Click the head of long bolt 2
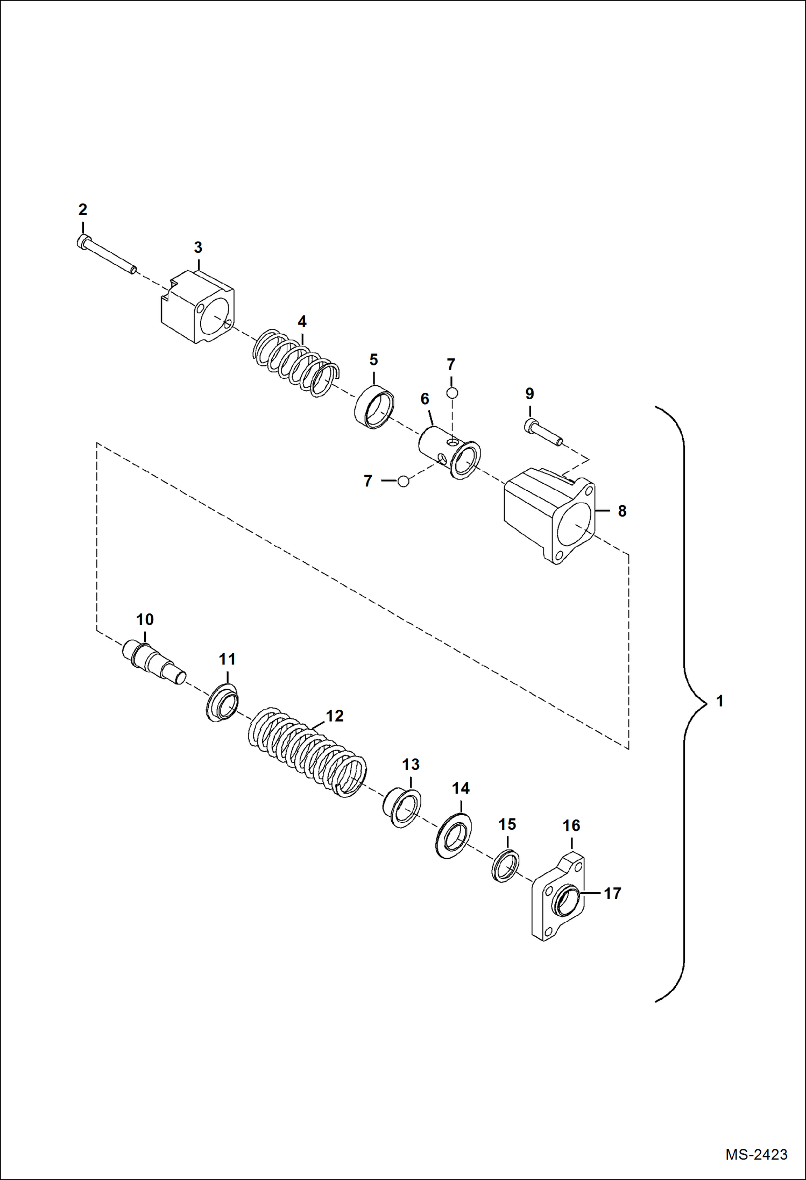(82, 242)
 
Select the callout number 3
(198, 248)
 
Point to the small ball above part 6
(452, 393)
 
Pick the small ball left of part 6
(403, 481)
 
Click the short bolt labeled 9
(542, 434)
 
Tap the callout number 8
(622, 511)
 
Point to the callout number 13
(411, 764)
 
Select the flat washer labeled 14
(453, 836)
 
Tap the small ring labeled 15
(506, 865)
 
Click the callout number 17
(612, 893)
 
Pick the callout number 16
(571, 825)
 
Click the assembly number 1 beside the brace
(720, 701)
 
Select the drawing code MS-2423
(756, 1155)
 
